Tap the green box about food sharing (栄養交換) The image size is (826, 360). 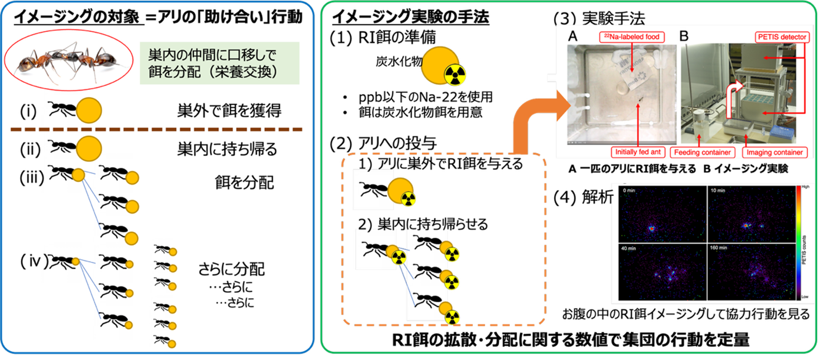[219, 64]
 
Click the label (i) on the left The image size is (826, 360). [28, 111]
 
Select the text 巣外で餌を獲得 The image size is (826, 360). [229, 111]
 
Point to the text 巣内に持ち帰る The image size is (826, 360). [227, 149]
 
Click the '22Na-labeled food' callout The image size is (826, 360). [632, 37]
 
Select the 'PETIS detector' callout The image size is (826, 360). [781, 37]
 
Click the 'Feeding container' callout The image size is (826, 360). [702, 152]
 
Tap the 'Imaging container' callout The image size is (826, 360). [774, 152]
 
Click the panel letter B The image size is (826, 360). [683, 37]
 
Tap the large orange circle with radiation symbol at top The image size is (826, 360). [441, 68]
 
